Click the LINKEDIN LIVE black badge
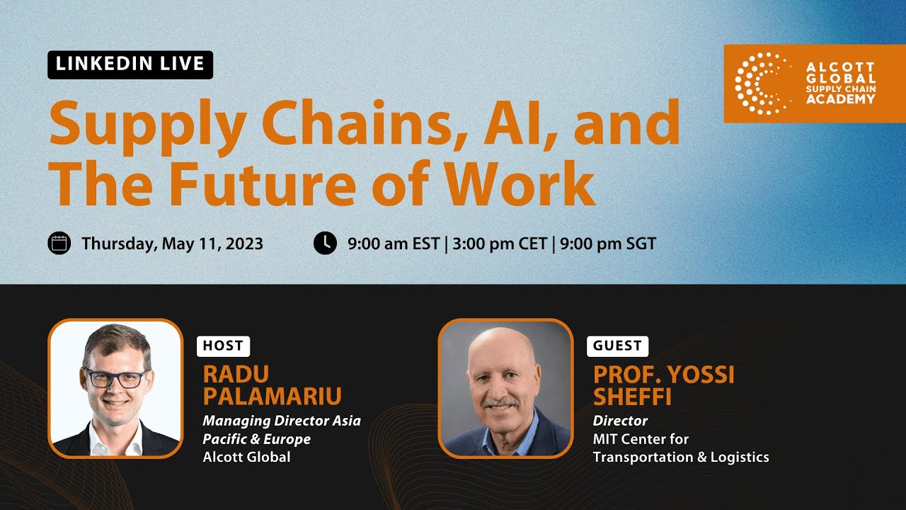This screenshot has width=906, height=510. [130, 64]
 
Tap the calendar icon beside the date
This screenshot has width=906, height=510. [59, 244]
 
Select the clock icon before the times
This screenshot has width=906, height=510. [325, 243]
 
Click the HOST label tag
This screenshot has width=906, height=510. [223, 346]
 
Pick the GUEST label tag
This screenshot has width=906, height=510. [617, 346]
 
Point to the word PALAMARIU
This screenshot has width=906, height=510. [272, 395]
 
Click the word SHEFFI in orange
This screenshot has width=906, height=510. [632, 395]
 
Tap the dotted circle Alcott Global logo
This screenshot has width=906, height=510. [762, 84]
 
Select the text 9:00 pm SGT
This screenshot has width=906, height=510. [608, 244]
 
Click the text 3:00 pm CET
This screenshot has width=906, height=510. [500, 244]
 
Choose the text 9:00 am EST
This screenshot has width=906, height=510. [394, 244]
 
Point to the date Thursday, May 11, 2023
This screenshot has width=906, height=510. [172, 244]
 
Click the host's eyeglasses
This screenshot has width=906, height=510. [116, 378]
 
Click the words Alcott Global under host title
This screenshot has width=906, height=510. [246, 457]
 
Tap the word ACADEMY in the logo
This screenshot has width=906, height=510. [840, 99]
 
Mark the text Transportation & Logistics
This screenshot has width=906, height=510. [681, 457]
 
